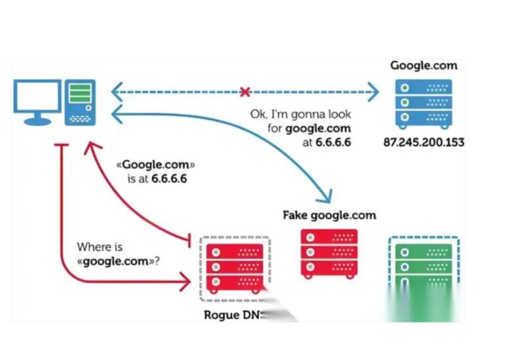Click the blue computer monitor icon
pyautogui.click(x=38, y=100)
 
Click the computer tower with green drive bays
pyautogui.click(x=80, y=102)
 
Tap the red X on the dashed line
pyautogui.click(x=245, y=92)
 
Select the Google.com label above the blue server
pyautogui.click(x=423, y=66)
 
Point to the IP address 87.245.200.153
pyautogui.click(x=423, y=142)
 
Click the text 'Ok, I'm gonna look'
pyautogui.click(x=300, y=114)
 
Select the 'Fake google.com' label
pyautogui.click(x=329, y=215)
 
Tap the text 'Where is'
pyautogui.click(x=100, y=247)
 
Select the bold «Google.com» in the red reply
pyautogui.click(x=155, y=165)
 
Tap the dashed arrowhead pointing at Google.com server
pyautogui.click(x=374, y=92)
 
